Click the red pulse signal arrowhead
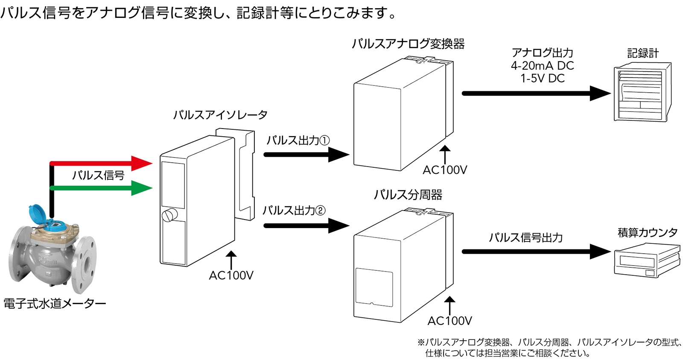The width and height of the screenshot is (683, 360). [142, 163]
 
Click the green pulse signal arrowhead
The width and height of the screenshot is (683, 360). [142, 188]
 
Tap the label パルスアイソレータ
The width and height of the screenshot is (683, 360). [220, 115]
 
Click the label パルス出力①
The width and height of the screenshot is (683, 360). [298, 140]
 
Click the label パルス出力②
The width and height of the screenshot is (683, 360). [294, 211]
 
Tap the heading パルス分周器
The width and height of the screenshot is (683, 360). [408, 195]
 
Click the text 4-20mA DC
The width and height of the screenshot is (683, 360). [542, 66]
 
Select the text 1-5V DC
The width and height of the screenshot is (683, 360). [542, 79]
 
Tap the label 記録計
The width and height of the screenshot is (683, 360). [642, 53]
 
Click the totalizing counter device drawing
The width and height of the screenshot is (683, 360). [646, 260]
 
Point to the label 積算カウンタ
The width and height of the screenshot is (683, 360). [647, 233]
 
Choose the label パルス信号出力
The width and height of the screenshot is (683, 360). [525, 238]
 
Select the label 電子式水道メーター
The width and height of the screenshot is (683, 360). [55, 304]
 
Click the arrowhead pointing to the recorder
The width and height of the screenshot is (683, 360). [600, 94]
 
